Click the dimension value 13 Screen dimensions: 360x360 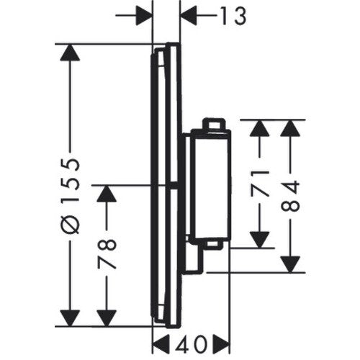[233, 16]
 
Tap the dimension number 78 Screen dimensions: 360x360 [107, 254]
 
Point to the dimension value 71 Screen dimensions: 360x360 [259, 184]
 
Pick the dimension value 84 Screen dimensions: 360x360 [290, 196]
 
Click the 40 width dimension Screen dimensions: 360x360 [191, 345]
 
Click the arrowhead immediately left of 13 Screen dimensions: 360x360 [189, 16]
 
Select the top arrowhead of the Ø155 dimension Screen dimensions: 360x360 [70, 53]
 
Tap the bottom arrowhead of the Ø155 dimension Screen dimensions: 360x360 [70, 318]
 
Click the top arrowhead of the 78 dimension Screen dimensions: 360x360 [107, 194]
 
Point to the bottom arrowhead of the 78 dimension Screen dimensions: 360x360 [107, 318]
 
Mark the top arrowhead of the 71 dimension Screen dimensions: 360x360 [259, 128]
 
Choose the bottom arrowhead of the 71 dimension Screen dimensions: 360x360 [259, 240]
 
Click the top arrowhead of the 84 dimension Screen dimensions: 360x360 [290, 128]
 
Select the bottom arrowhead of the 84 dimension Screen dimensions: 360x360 [290, 264]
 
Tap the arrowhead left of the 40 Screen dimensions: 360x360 [161, 345]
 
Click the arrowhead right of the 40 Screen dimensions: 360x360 [222, 345]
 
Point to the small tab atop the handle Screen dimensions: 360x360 [214, 125]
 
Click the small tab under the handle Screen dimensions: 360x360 [214, 245]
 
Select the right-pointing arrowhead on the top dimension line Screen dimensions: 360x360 [145, 16]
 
